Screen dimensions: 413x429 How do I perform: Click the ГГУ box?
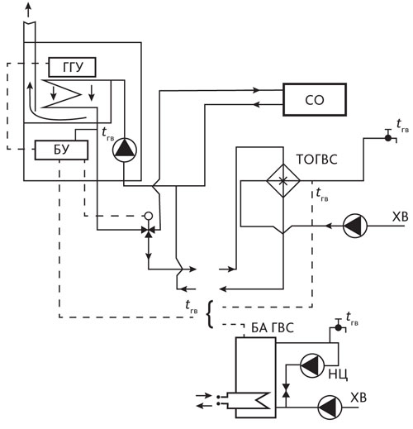(x=72, y=67)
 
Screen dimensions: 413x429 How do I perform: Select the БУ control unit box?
(x=61, y=150)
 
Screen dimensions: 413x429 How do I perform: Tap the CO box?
(x=315, y=100)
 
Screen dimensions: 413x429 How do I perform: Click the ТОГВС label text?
(x=316, y=160)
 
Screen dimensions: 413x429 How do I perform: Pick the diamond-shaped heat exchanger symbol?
(x=283, y=181)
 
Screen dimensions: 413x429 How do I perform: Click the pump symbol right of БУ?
(x=125, y=150)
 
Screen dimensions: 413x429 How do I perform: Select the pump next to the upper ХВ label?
(x=355, y=226)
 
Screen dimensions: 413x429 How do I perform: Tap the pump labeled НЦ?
(x=312, y=365)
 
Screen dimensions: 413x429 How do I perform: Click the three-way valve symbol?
(x=149, y=230)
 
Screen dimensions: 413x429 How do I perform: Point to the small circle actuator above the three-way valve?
(x=149, y=216)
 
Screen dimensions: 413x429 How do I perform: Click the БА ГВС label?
(x=273, y=327)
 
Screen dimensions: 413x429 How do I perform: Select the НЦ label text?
(x=338, y=374)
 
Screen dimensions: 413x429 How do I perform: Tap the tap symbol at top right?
(x=389, y=136)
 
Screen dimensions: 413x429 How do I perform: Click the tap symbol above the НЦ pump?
(x=339, y=326)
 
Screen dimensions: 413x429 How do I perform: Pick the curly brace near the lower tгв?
(x=210, y=314)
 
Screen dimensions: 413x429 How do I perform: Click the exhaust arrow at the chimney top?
(x=28, y=10)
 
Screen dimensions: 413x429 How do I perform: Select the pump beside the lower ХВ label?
(x=330, y=408)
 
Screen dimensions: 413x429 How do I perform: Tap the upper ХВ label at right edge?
(x=400, y=217)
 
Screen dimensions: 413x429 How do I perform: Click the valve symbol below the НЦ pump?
(x=287, y=390)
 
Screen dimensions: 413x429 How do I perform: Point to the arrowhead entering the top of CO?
(x=256, y=90)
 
